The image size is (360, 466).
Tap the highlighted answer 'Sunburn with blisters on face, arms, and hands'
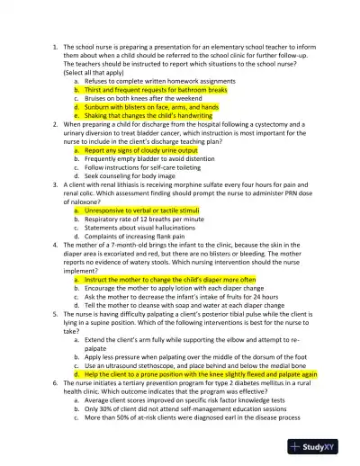151,107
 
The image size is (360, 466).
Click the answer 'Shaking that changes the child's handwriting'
147,115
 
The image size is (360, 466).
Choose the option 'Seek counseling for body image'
130,175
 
